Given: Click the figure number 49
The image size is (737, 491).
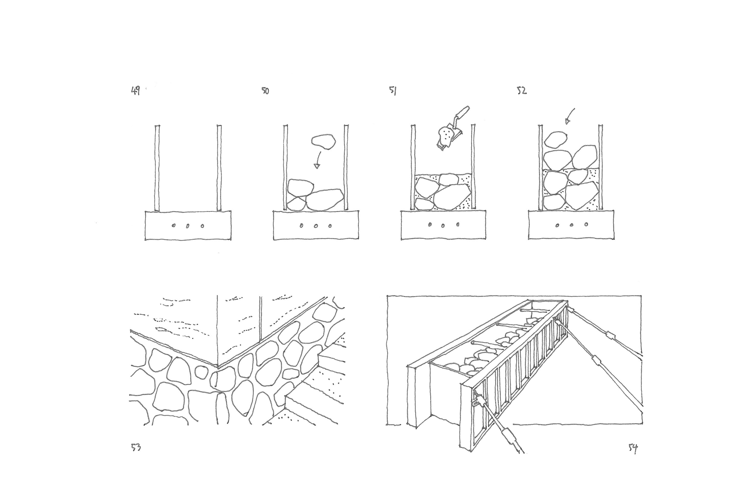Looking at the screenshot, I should tap(135, 91).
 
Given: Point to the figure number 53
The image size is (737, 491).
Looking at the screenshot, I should tap(136, 448).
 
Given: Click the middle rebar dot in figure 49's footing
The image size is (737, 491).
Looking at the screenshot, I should tap(187, 226).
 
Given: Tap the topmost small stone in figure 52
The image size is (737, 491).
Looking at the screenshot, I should tap(556, 139).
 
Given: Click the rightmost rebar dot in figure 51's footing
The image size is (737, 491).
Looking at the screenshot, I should tap(458, 225).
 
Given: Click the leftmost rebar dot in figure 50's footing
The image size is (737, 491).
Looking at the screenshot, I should tap(301, 226).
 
